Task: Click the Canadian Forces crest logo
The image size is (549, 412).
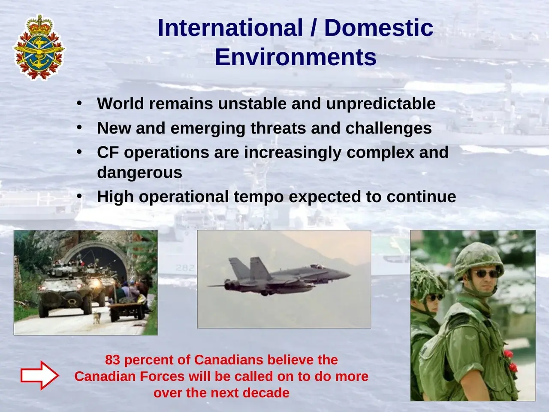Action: (39, 47)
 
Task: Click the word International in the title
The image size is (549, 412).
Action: (230, 28)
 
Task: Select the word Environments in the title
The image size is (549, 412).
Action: (296, 57)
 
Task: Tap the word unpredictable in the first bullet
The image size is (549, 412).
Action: (381, 104)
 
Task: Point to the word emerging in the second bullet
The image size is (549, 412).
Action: (208, 129)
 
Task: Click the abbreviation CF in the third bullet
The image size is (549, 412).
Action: (108, 152)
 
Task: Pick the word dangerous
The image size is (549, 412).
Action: (139, 173)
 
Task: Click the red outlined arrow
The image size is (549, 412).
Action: (39, 375)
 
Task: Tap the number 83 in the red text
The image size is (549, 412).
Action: (112, 360)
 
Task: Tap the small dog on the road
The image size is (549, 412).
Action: (97, 317)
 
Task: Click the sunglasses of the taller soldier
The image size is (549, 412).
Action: (486, 274)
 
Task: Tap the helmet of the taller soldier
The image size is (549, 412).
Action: (479, 260)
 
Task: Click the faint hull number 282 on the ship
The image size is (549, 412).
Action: (185, 268)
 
